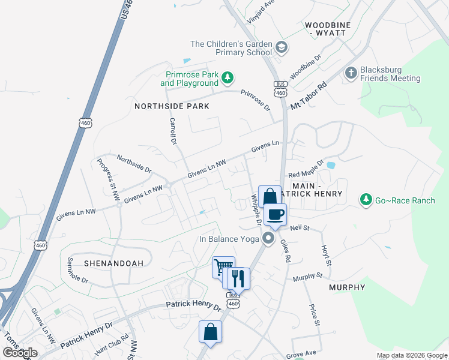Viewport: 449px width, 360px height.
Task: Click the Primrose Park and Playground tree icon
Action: (228, 77)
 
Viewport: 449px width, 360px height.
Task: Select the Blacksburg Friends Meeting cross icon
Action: (351, 73)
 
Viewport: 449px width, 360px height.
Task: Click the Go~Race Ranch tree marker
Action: (364, 199)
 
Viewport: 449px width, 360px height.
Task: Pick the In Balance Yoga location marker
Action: (268, 239)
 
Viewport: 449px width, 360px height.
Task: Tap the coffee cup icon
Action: (275, 215)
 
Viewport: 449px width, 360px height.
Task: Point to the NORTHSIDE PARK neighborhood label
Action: (172, 106)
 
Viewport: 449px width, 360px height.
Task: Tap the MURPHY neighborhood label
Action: (347, 287)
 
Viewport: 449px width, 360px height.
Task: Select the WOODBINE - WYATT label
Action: (325, 28)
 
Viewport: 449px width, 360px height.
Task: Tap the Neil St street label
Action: (299, 228)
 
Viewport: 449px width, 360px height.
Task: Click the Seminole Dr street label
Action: (77, 271)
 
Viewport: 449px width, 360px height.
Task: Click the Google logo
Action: (20, 353)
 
